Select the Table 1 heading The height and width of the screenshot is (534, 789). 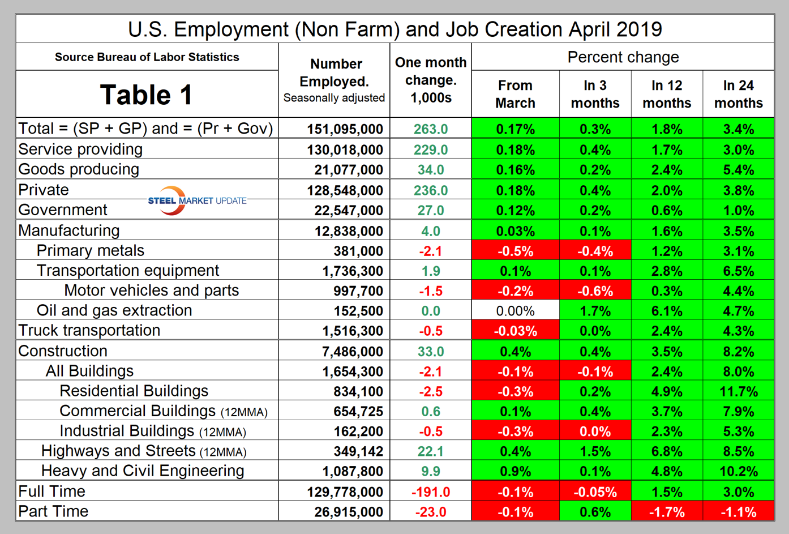146,95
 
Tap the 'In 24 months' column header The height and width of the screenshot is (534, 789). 738,94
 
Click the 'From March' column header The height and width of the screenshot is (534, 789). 515,94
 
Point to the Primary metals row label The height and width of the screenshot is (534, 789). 91,250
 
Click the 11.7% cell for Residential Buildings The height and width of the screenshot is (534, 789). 738,391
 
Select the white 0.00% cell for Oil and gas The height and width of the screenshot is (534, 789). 515,311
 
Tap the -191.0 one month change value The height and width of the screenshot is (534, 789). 431,492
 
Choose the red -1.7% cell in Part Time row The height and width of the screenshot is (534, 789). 667,512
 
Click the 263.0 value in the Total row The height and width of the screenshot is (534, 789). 431,129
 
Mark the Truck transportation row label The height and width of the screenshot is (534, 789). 89,330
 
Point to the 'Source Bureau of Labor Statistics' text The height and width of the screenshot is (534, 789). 147,57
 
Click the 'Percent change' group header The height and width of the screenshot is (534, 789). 623,57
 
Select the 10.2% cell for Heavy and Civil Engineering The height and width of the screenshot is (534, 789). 738,471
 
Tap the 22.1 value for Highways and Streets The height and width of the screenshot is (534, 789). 431,451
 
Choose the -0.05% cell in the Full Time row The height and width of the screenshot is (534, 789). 595,492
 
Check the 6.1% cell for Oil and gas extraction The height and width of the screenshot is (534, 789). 667,311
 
